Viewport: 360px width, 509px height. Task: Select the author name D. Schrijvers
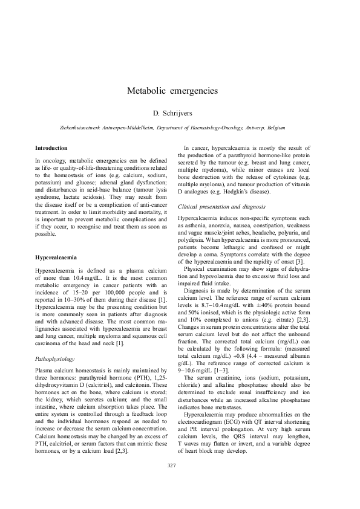click(180, 113)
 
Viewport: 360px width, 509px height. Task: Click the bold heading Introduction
click(51, 148)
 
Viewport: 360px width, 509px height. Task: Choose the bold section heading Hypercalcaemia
click(56, 258)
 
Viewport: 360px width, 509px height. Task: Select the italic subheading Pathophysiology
click(55, 342)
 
